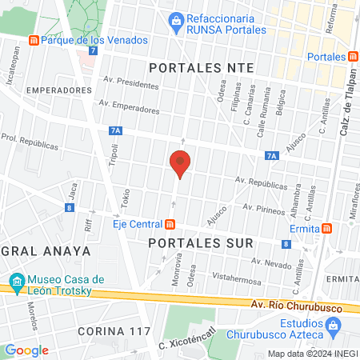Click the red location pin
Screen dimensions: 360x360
click(x=180, y=163)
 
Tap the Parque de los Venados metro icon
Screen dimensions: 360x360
click(x=33, y=40)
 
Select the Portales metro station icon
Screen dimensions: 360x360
click(x=353, y=56)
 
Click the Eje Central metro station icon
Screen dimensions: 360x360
click(x=170, y=224)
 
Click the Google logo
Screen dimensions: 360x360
click(x=26, y=350)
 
